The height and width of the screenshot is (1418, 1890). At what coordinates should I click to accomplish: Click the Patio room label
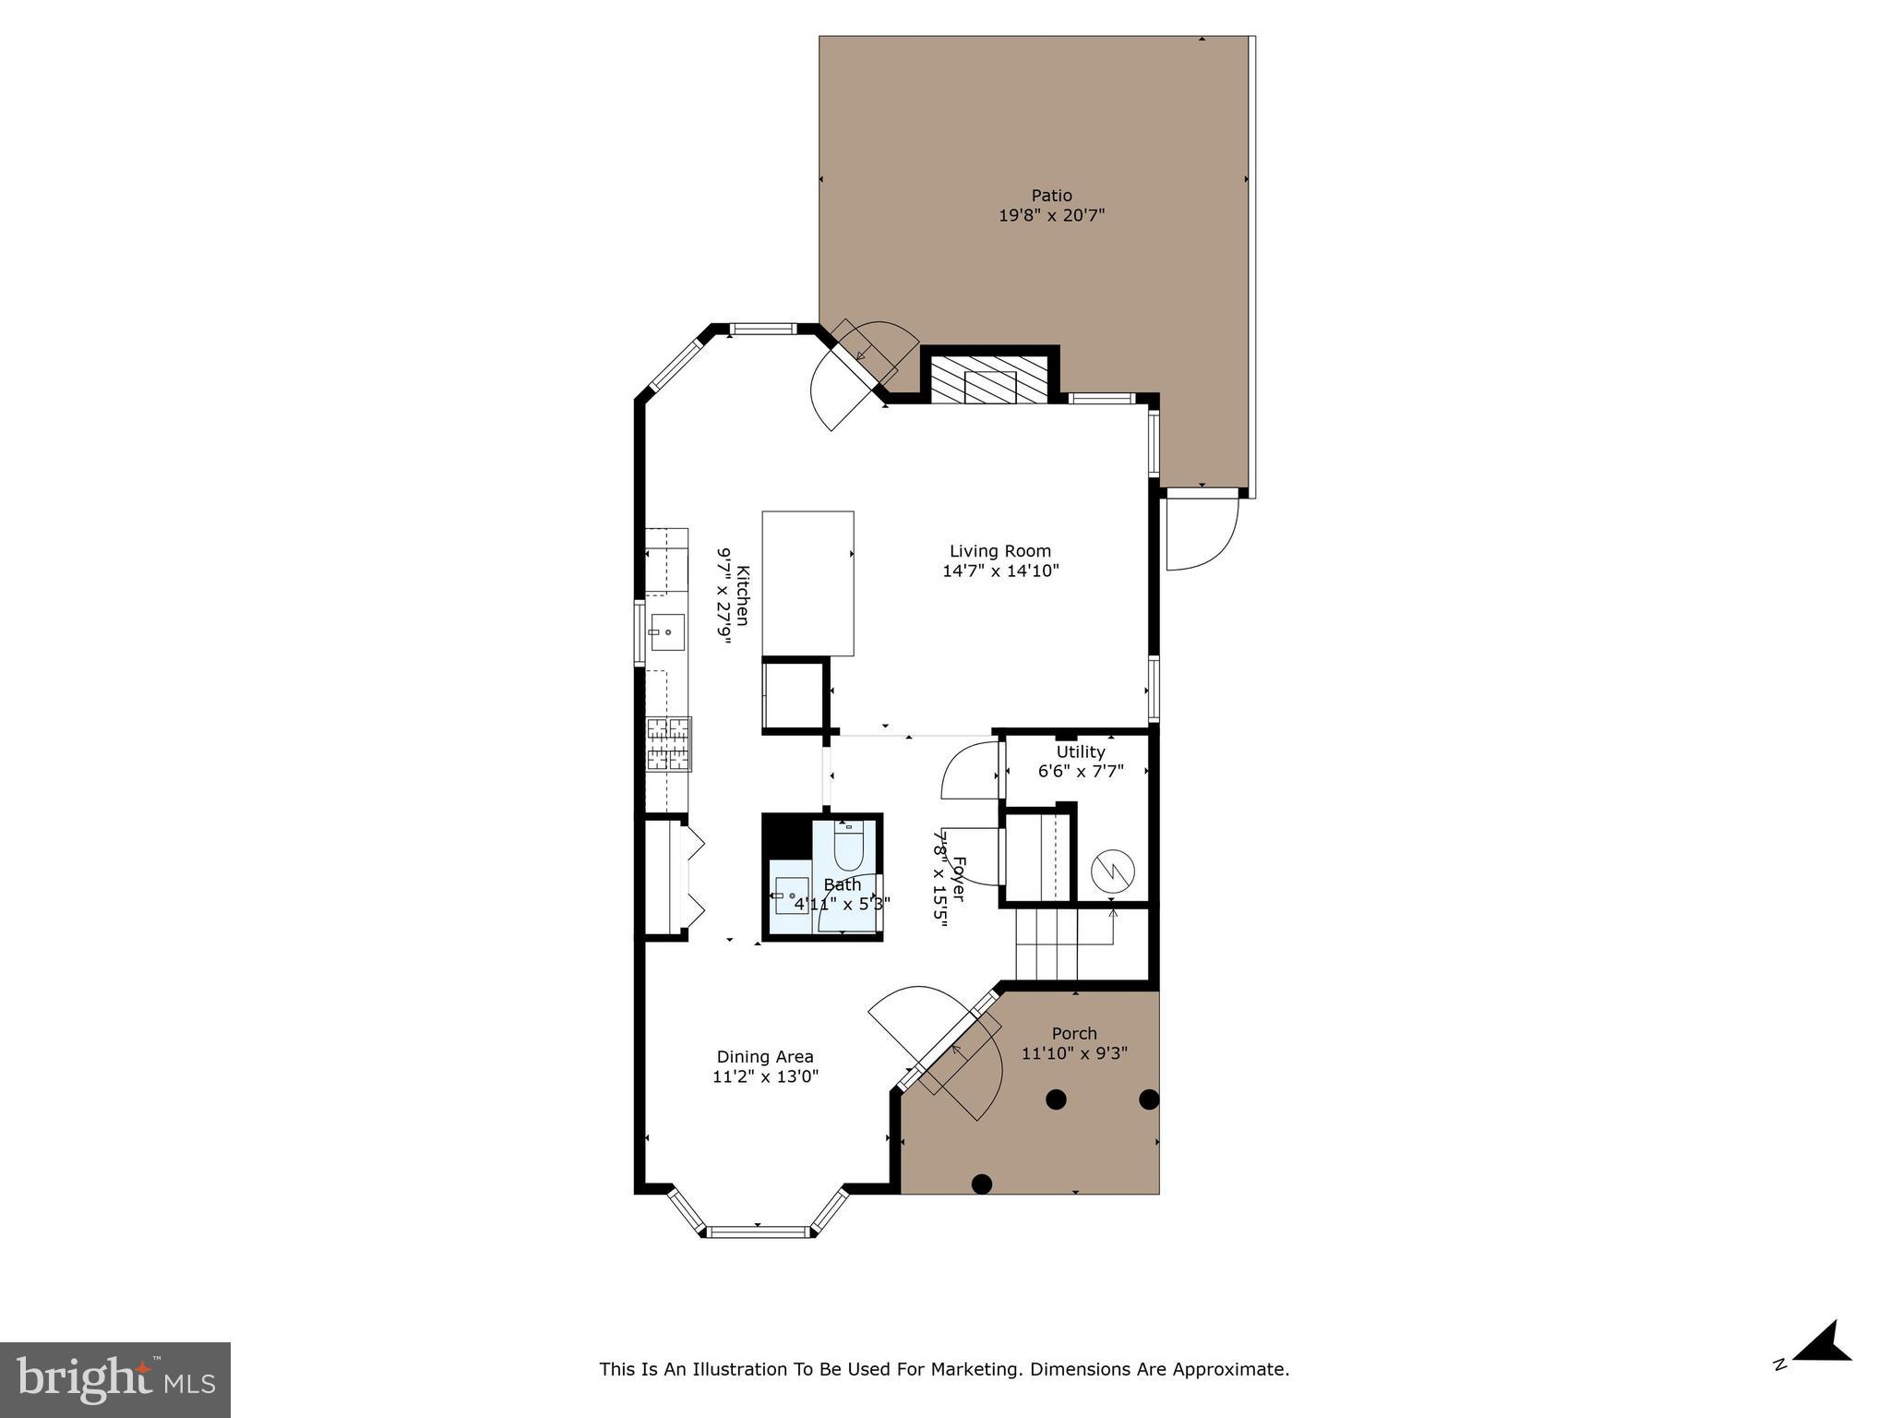point(1051,196)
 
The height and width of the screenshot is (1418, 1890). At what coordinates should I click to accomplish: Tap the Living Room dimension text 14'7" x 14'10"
point(1000,571)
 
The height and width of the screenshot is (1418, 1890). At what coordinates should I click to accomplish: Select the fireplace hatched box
point(989,379)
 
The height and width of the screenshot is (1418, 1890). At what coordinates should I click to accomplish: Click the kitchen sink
point(666,632)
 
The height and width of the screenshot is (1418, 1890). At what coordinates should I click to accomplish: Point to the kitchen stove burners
point(669,744)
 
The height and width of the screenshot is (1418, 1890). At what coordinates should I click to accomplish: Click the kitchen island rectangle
point(807,583)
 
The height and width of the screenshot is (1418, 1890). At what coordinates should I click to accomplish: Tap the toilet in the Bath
point(848,841)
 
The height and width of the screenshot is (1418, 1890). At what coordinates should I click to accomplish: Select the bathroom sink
point(791,895)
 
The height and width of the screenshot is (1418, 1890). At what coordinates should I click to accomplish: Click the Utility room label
point(1081,752)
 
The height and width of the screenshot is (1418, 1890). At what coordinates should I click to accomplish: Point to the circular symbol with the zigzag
point(1109,870)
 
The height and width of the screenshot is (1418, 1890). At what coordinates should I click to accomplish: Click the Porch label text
point(1074,1034)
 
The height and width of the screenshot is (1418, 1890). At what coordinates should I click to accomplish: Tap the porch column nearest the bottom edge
point(982,1183)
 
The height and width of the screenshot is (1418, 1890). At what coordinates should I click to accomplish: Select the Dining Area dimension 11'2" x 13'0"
point(765,1076)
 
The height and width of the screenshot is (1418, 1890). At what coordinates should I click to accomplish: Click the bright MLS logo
point(115,1379)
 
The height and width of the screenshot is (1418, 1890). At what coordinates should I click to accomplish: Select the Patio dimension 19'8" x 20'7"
point(1051,216)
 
